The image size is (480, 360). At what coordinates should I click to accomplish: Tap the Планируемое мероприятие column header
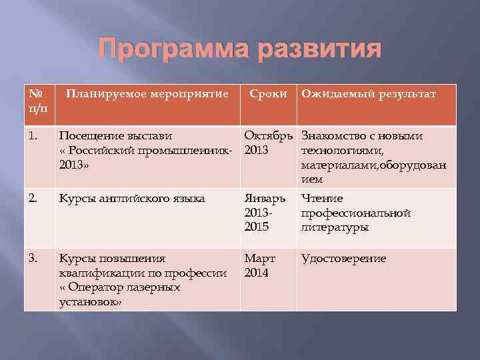[x=147, y=95]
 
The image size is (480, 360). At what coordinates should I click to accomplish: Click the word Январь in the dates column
[x=265, y=198]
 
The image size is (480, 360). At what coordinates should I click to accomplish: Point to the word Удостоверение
[x=343, y=259]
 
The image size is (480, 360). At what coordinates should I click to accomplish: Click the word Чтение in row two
[x=322, y=198]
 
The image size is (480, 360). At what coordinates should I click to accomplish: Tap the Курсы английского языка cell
[x=132, y=198]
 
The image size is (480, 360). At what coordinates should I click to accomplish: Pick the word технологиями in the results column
[x=341, y=151]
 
